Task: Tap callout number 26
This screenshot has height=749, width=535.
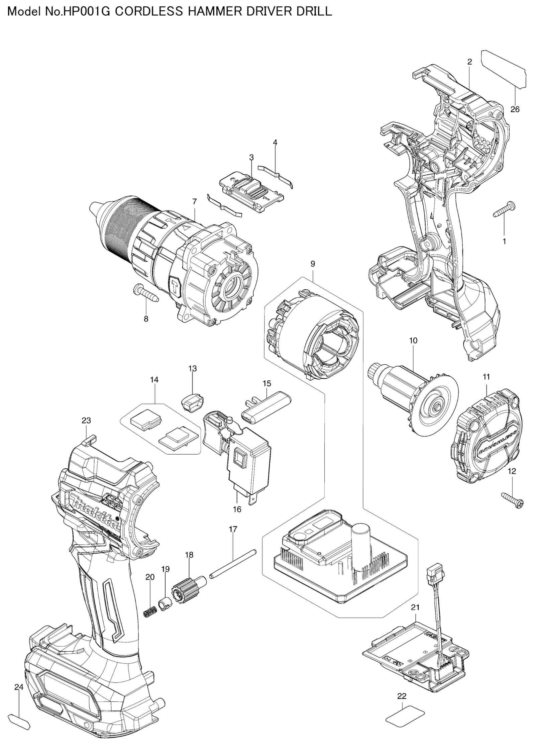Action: (x=515, y=109)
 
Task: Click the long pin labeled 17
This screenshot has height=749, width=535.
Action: (x=233, y=564)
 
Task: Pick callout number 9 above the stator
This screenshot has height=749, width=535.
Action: (x=313, y=264)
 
